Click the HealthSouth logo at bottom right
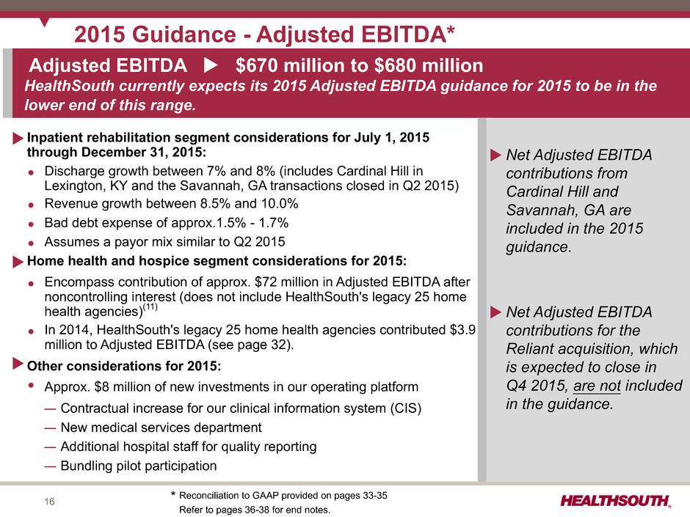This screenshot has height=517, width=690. (616, 501)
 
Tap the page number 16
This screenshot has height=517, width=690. (49, 502)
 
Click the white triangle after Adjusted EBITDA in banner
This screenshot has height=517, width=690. (211, 65)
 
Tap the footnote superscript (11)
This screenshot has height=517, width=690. (150, 307)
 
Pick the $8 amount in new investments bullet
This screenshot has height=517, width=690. (101, 387)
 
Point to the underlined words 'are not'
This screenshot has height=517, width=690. (597, 386)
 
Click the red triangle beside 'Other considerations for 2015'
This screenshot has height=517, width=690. (18, 364)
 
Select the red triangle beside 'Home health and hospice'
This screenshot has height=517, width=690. (18, 262)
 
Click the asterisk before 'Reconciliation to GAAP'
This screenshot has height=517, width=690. (173, 494)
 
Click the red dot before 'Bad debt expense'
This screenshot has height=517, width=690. (31, 224)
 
